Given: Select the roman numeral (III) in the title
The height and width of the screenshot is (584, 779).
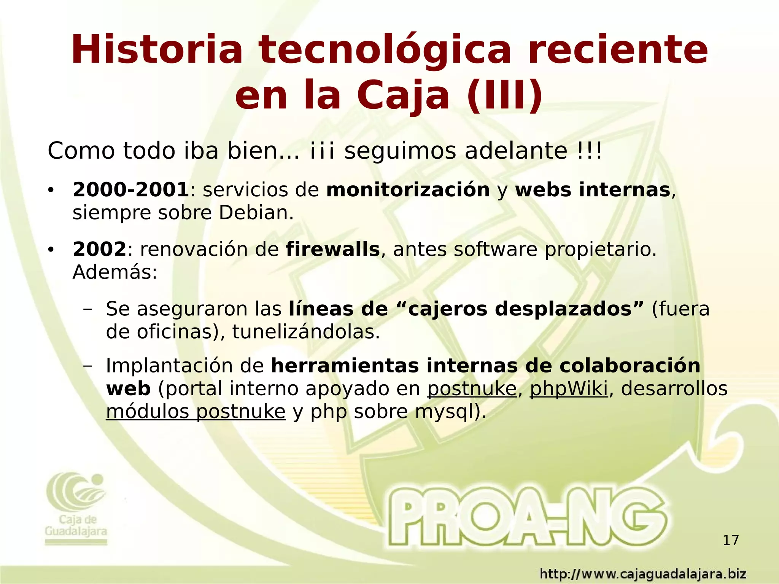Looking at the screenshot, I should click(504, 95).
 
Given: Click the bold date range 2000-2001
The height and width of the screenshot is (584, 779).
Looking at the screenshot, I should click(130, 189).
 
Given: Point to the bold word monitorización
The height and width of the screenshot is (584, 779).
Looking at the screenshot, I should click(408, 189).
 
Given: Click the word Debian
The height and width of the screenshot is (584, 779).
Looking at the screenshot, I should click(256, 213).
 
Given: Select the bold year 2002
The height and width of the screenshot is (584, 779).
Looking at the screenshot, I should click(99, 250).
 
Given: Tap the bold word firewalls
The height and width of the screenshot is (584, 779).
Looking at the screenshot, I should click(333, 250).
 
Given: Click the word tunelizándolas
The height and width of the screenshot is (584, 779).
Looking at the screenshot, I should click(306, 332).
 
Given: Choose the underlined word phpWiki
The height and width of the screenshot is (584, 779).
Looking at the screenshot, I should click(569, 389).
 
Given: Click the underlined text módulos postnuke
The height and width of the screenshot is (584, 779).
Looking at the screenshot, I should click(196, 412).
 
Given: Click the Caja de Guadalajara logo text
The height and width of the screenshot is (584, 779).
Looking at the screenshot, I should click(76, 525).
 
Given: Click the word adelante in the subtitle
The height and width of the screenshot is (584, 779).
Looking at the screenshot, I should click(515, 151).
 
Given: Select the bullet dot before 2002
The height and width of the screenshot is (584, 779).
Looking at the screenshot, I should click(51, 250).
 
